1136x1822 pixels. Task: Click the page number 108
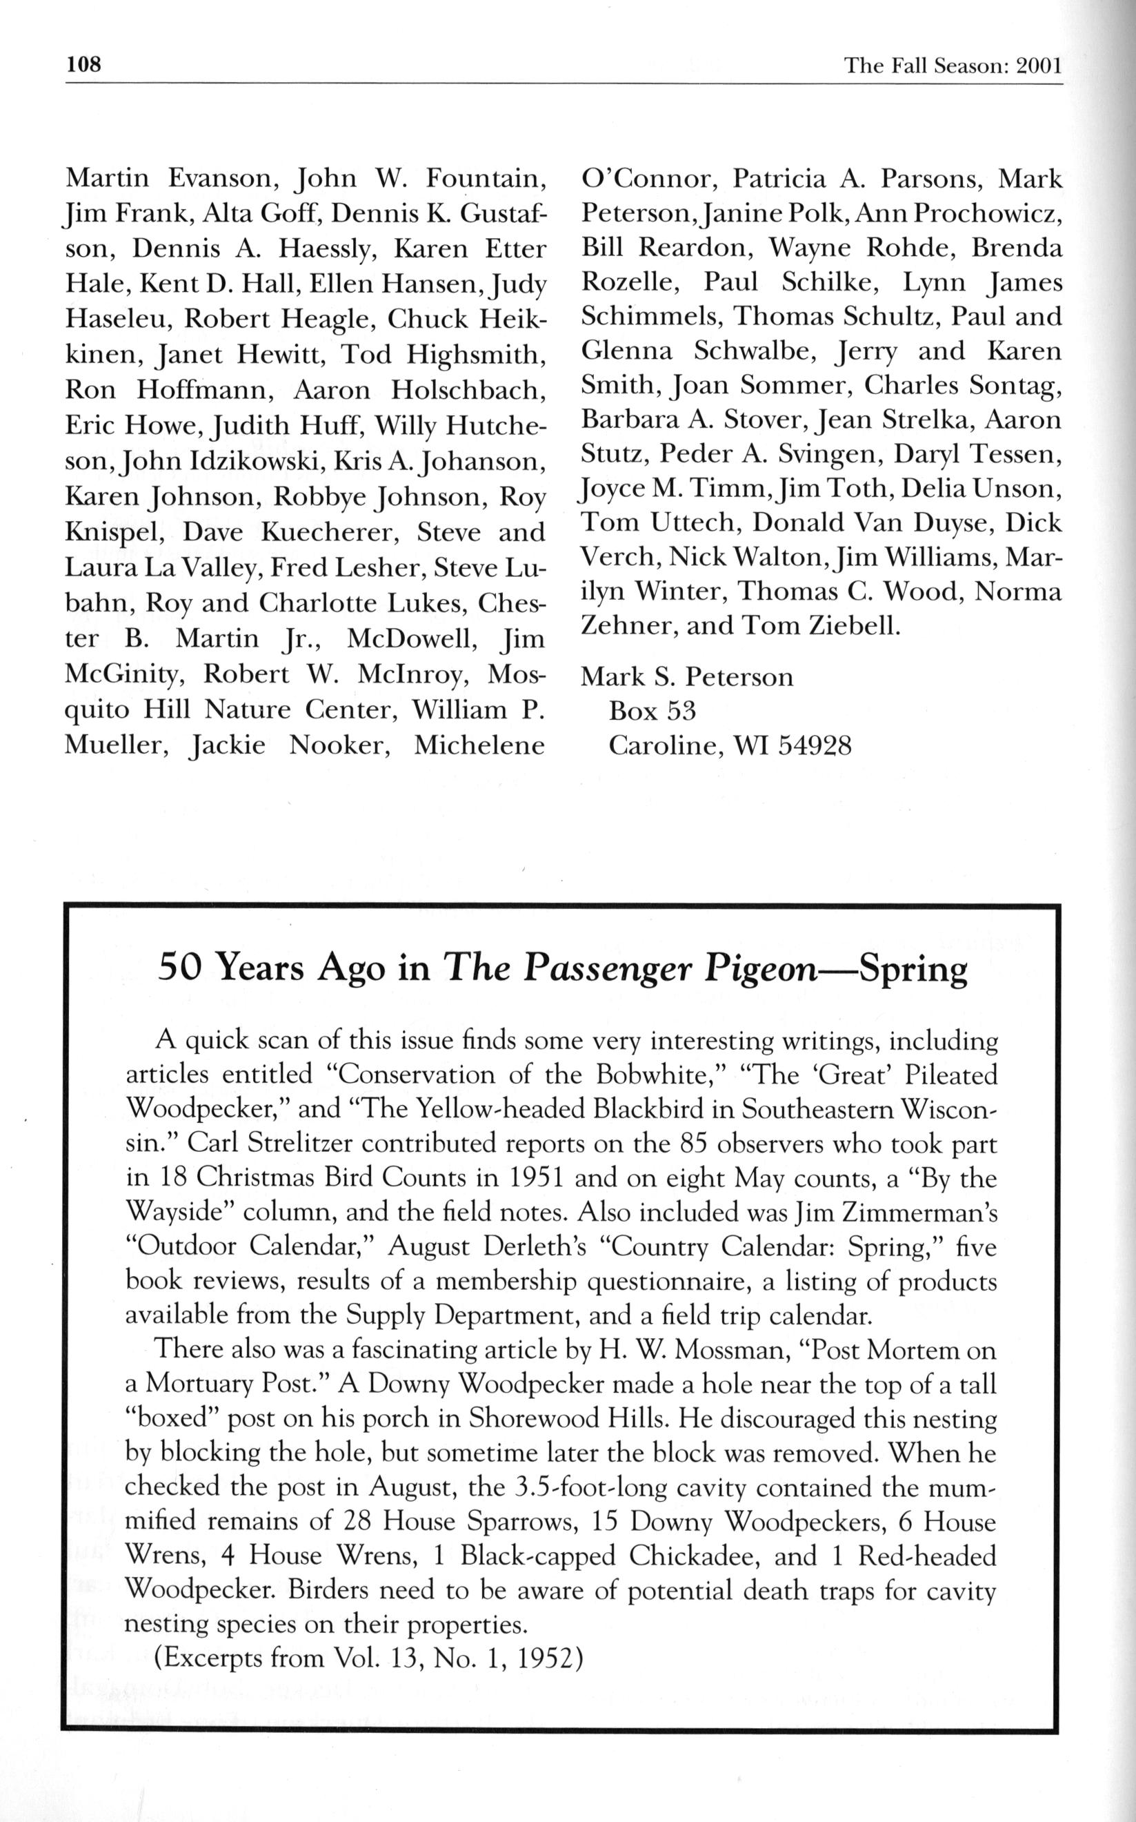click(83, 65)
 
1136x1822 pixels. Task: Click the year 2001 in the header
click(1038, 66)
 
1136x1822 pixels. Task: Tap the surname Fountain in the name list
click(486, 179)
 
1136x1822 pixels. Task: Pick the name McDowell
click(410, 638)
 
